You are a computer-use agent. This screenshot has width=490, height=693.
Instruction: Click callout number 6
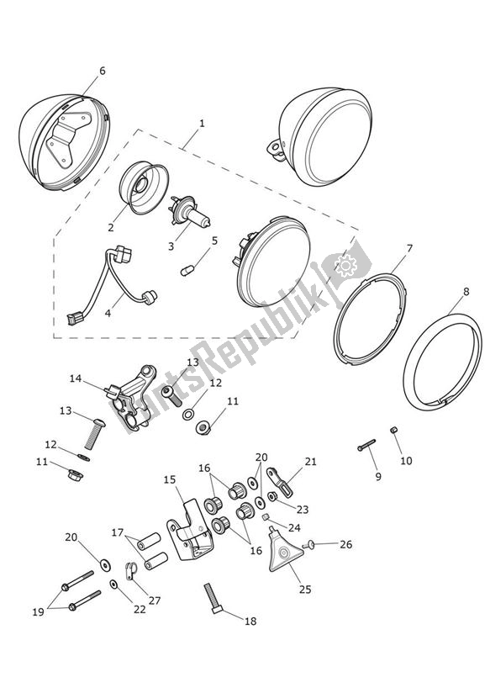pyautogui.click(x=103, y=71)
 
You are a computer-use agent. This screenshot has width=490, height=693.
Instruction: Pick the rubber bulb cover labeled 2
pyautogui.click(x=140, y=187)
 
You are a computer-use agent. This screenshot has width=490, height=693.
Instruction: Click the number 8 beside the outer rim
pyautogui.click(x=466, y=294)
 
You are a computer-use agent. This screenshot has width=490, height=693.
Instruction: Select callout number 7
pyautogui.click(x=408, y=249)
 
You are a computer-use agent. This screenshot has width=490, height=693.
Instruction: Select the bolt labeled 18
pyautogui.click(x=215, y=600)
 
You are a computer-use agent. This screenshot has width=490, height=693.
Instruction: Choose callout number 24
pyautogui.click(x=294, y=528)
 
